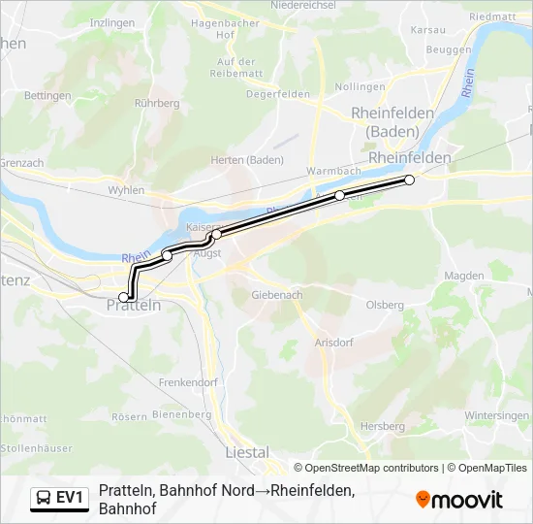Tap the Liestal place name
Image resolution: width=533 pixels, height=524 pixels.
(x=246, y=452)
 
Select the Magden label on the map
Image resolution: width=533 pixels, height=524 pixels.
(x=463, y=276)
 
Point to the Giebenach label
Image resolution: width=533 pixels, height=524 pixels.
(x=277, y=294)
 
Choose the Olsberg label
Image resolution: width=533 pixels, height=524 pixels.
(x=385, y=305)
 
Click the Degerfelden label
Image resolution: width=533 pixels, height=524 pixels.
(x=278, y=94)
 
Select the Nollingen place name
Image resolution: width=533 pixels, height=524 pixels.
(x=361, y=86)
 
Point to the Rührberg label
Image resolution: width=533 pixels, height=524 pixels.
(x=158, y=102)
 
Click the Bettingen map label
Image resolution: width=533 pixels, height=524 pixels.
(x=48, y=95)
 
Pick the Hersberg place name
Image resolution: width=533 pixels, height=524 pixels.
(x=382, y=426)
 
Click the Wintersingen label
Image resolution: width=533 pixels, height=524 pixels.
(x=497, y=415)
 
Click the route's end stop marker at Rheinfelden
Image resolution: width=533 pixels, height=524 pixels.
(x=409, y=180)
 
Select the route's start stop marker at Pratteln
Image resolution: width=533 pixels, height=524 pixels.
(x=123, y=296)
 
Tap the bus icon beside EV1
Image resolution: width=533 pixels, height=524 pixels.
(x=44, y=498)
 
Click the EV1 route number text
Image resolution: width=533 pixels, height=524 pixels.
(x=72, y=498)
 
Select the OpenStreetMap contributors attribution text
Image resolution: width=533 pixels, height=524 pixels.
(x=370, y=468)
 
